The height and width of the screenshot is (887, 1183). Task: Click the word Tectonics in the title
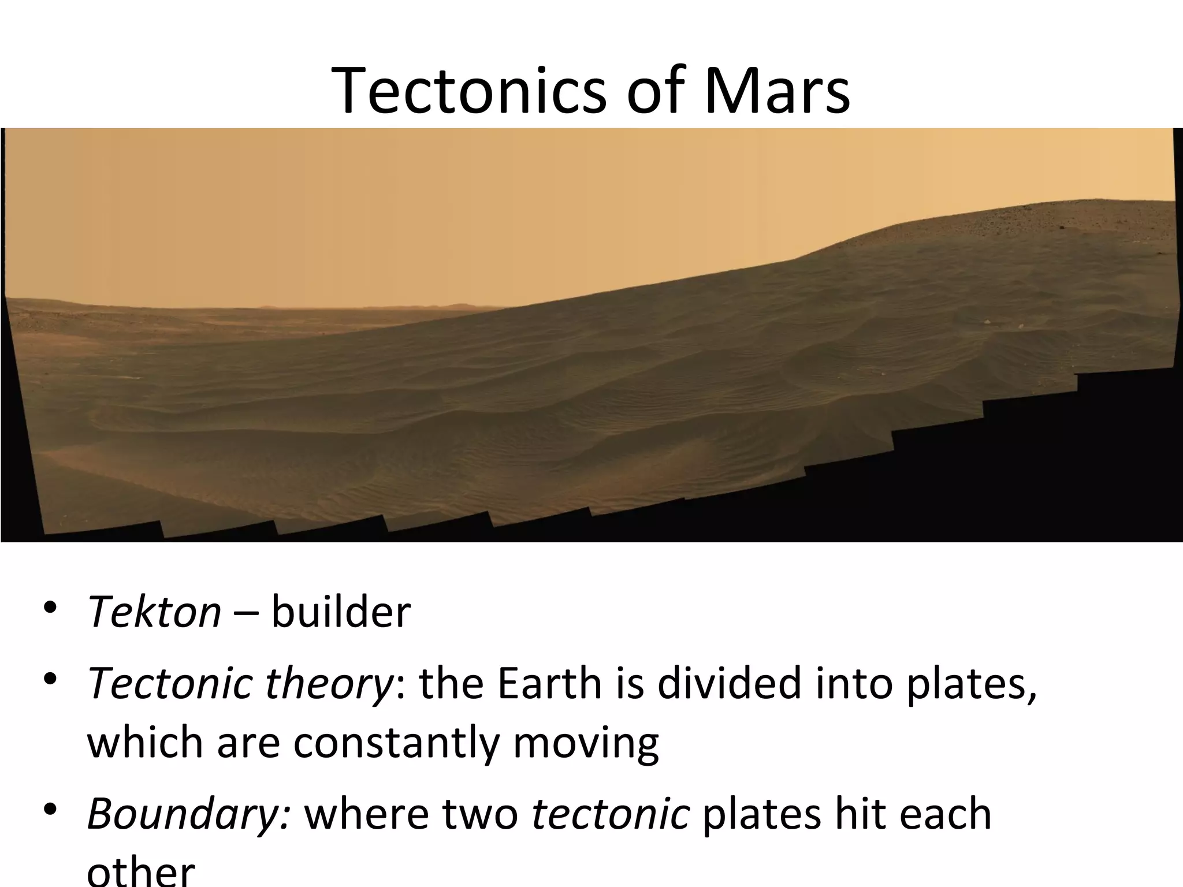[x=468, y=91]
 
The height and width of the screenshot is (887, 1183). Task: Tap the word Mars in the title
[x=776, y=91]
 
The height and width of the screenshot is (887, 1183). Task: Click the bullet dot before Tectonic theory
[x=50, y=680]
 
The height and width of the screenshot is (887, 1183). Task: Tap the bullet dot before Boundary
[x=50, y=810]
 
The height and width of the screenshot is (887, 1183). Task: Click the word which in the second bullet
[x=144, y=743]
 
